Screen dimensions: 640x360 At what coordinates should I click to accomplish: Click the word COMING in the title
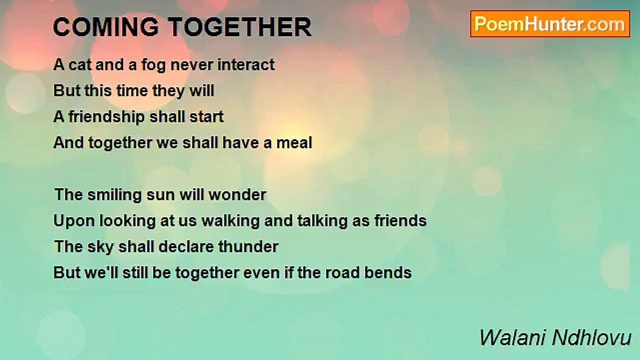point(105,27)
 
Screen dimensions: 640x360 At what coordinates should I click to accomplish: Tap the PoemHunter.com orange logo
point(550,24)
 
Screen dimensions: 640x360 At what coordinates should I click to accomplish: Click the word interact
point(246,64)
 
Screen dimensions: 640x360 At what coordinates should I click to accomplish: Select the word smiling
point(114,195)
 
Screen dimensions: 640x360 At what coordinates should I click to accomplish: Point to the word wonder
point(237,195)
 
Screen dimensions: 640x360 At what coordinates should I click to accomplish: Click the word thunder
point(248,247)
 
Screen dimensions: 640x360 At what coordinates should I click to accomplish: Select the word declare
point(186,247)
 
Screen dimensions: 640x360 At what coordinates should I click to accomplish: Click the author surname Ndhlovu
point(591,337)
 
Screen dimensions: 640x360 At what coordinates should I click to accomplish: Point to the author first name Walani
point(513,337)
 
